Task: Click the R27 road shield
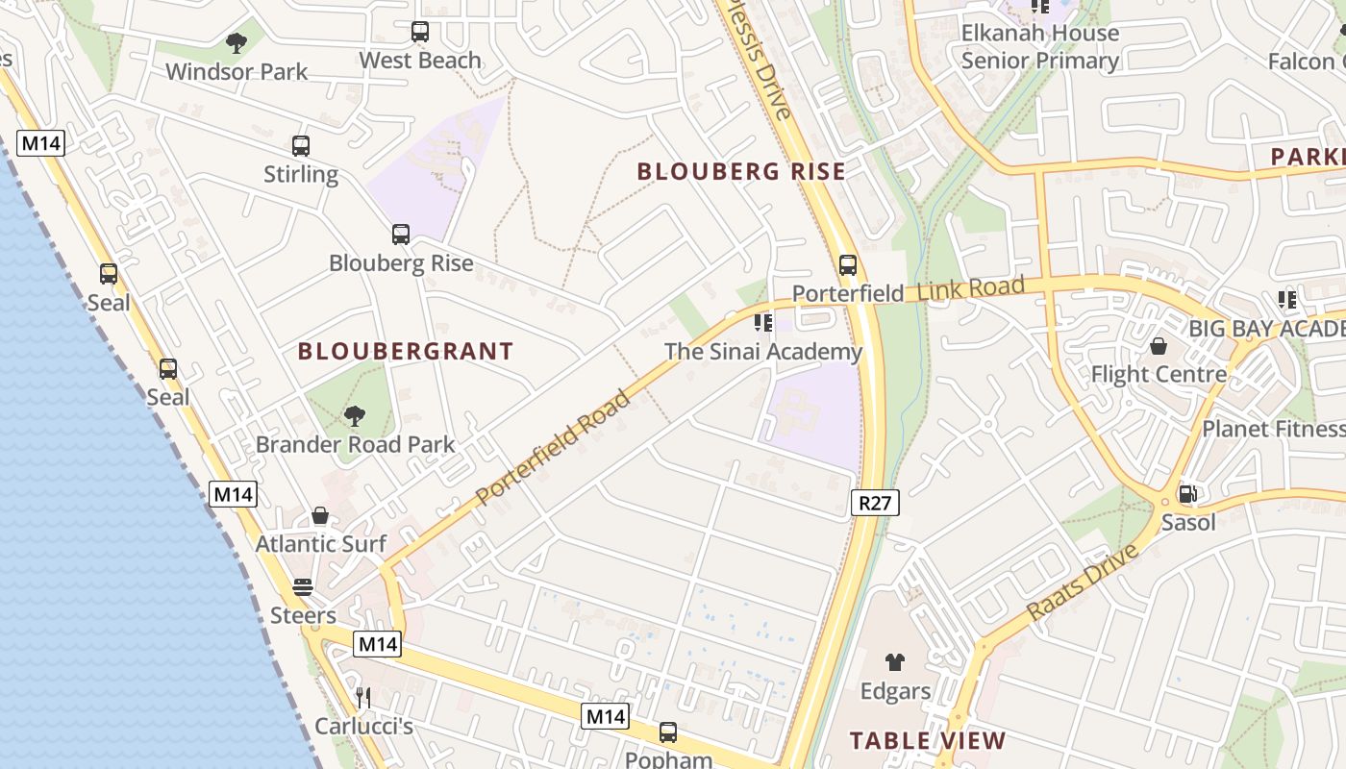coord(875,501)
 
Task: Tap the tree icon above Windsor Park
coord(236,42)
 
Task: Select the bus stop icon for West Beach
coord(420,32)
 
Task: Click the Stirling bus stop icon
coord(301,146)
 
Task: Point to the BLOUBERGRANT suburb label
coord(405,352)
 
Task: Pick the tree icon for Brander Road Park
coord(355,416)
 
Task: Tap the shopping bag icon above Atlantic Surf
coord(320,516)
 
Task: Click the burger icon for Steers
coord(303,587)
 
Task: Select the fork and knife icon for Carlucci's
coord(363,697)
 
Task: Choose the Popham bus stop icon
coord(668,732)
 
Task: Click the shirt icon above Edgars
coord(895,662)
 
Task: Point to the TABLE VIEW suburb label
coord(928,741)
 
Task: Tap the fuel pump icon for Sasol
coord(1188,494)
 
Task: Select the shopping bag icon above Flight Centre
coord(1159,346)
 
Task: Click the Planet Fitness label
coord(1274,429)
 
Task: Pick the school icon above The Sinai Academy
coord(763,323)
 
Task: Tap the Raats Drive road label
coord(1083,582)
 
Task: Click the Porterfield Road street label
coord(554,446)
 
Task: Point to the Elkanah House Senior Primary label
coord(1040,47)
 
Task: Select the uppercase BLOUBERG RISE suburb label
coord(741,172)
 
